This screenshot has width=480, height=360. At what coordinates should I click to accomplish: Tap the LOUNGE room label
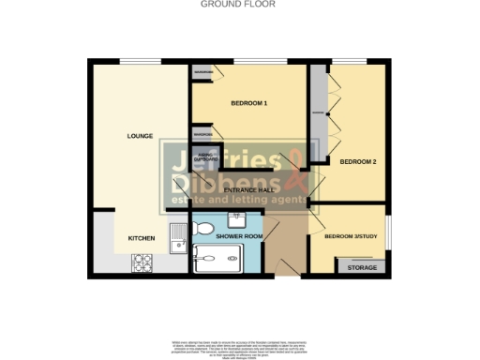(140, 137)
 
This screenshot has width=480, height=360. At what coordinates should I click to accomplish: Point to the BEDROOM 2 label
(357, 162)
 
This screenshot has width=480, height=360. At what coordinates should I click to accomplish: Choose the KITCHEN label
(141, 238)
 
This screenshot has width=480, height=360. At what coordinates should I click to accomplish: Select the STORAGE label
(362, 268)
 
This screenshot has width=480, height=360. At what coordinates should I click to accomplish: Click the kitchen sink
(176, 242)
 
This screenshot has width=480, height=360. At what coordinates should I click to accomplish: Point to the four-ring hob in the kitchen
(143, 263)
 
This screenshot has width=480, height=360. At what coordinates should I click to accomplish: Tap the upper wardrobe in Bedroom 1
(202, 72)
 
